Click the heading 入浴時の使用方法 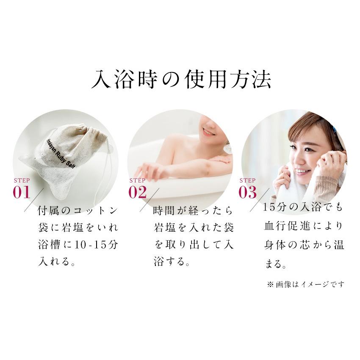tap(181, 80)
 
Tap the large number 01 tap(22, 192)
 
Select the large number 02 tap(137, 192)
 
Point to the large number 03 tap(247, 192)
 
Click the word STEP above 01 tap(22, 180)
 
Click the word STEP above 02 tap(137, 180)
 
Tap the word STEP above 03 tap(247, 180)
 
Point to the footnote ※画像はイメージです tap(306, 285)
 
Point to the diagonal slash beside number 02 tap(149, 200)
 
